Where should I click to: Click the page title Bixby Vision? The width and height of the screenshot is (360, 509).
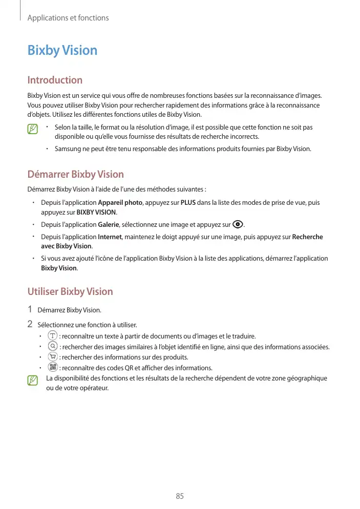click(62, 51)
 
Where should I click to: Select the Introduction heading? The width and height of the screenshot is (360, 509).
click(55, 80)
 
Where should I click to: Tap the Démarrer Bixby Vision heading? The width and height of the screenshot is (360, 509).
click(75, 175)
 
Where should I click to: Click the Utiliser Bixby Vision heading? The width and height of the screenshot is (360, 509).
click(70, 292)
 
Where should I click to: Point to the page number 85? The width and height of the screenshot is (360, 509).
click(180, 496)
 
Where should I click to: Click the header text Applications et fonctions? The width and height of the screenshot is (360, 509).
click(68, 18)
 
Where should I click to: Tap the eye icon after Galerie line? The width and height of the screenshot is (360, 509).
click(238, 224)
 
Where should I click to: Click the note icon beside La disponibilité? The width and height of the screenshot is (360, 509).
click(33, 380)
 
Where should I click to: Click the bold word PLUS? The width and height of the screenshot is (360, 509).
click(188, 203)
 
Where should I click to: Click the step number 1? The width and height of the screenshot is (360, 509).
click(30, 309)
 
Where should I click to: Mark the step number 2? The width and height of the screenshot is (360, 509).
click(30, 324)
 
